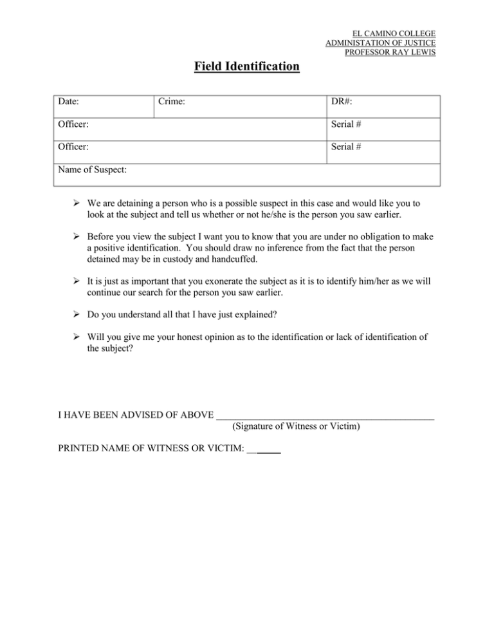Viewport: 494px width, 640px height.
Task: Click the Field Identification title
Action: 247,66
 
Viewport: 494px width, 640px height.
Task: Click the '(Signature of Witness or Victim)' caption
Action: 297,426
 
